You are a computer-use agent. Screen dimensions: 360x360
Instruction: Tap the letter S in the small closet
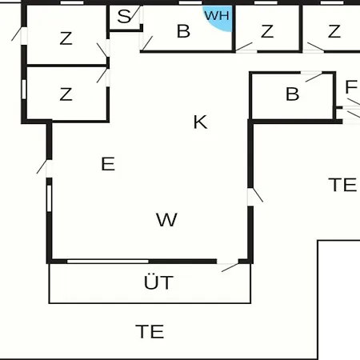pos(124,16)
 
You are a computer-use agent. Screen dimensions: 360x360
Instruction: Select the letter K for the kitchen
pos(200,122)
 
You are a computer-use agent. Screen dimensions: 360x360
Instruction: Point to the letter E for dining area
pos(108,164)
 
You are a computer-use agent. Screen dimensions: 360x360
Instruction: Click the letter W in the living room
pos(166,219)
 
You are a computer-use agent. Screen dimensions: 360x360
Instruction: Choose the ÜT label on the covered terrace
pos(158,282)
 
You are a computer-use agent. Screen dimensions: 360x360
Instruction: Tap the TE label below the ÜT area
pos(150,331)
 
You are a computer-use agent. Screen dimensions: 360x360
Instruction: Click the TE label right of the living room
pos(342,185)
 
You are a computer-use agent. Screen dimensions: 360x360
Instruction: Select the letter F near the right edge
pos(351,87)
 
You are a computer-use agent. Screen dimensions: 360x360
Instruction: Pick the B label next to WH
pos(183,31)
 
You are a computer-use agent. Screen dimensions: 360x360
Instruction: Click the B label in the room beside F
pos(292,94)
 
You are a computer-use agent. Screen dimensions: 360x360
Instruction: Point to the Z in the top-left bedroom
pos(66,38)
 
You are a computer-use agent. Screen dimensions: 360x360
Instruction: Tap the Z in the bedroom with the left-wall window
pos(66,94)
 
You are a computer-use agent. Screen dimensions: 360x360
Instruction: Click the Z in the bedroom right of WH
pos(267,31)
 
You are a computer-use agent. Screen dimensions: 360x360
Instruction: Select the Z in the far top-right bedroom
pos(334,31)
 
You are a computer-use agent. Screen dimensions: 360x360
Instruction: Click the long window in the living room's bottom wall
pos(108,261)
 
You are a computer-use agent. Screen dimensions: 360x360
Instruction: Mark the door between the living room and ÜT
pos(227,266)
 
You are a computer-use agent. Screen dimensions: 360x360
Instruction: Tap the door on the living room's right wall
pos(255,196)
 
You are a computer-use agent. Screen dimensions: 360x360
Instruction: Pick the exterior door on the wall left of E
pos(45,167)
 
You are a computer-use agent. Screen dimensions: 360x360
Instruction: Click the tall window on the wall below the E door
pos(49,198)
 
